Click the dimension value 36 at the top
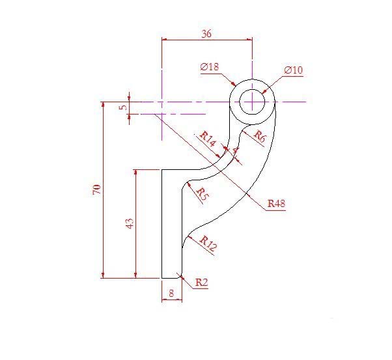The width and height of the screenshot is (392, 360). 206,35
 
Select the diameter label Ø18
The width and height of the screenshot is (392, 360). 210,67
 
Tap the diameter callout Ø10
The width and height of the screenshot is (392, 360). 294,70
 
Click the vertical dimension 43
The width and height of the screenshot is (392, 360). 130,223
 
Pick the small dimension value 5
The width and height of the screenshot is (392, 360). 122,107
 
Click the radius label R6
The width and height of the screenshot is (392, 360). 259,137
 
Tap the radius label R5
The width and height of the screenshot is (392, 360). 202,193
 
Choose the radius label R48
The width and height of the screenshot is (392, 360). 277,204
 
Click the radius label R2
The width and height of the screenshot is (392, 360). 201,283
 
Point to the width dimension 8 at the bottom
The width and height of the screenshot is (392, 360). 171,294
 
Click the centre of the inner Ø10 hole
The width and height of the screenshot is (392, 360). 252,102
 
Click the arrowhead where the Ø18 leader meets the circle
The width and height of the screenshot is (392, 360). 234,85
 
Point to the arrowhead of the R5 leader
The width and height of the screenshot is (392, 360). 188,185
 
